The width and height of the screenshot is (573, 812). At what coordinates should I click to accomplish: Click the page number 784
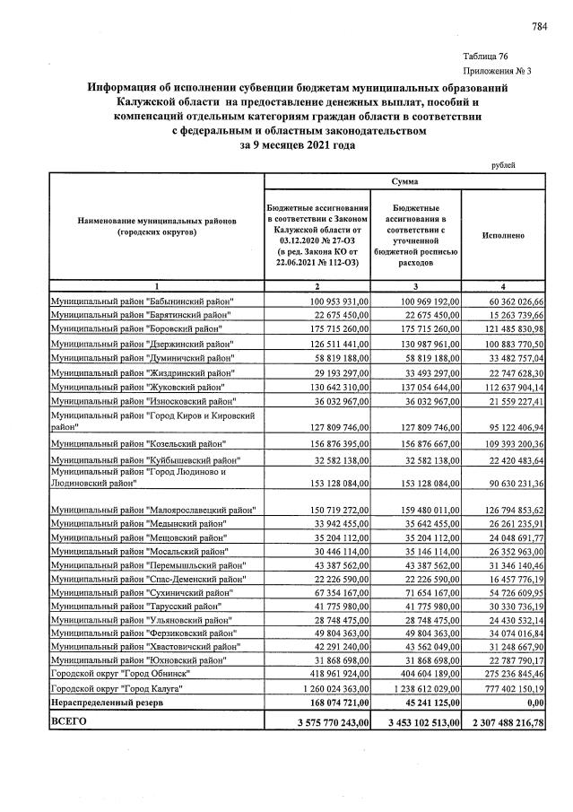(539, 27)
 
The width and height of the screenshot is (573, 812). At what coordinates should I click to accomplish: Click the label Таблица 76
(484, 56)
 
